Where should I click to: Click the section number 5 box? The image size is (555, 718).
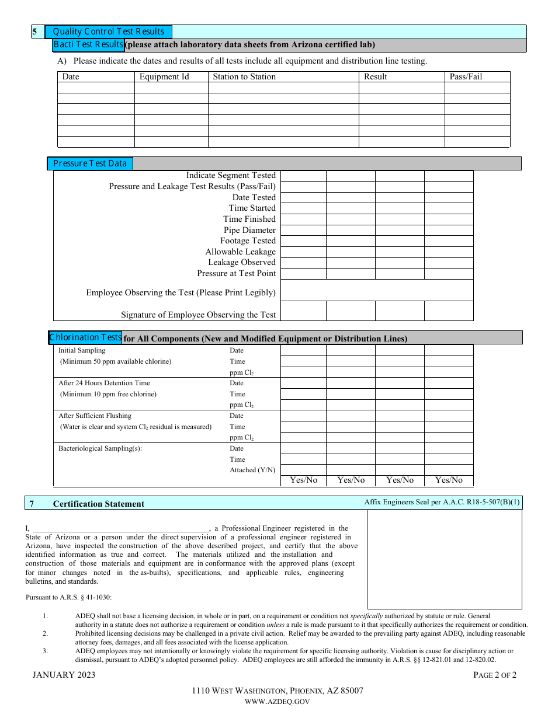click(35, 32)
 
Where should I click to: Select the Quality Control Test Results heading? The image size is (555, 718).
click(109, 32)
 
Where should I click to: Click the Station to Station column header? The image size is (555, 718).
click(244, 76)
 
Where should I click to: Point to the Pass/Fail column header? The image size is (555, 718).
click(466, 76)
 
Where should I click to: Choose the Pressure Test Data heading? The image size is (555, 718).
click(90, 163)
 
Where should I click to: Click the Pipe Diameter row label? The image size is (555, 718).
click(249, 230)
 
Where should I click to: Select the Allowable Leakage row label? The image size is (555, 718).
click(240, 252)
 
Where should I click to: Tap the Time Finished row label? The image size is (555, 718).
click(249, 219)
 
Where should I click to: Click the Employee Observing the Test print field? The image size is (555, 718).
click(377, 290)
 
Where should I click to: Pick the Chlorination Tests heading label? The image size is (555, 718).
click(86, 337)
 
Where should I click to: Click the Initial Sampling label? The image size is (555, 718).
click(82, 350)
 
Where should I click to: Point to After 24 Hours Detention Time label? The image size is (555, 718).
click(104, 383)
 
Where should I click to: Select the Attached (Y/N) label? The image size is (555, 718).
click(252, 470)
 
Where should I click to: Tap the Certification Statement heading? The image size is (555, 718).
click(99, 504)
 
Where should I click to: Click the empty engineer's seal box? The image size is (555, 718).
click(444, 559)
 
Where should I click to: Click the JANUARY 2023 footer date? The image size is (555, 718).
click(64, 675)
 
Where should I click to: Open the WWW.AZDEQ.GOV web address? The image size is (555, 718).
click(277, 702)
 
